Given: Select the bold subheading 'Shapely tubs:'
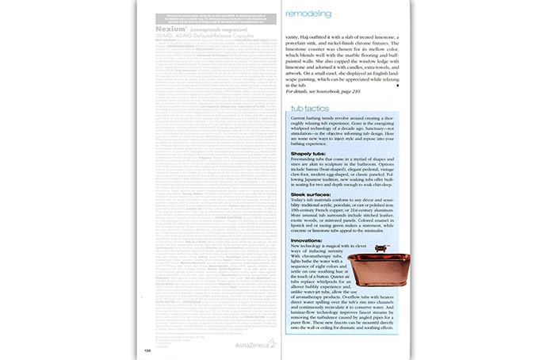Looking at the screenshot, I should pos(308,153).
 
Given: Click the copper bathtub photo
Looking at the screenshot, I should pos(372,290).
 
